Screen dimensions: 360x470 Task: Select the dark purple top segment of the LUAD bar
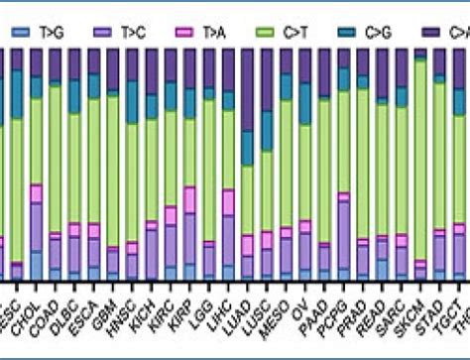click(x=248, y=89)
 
